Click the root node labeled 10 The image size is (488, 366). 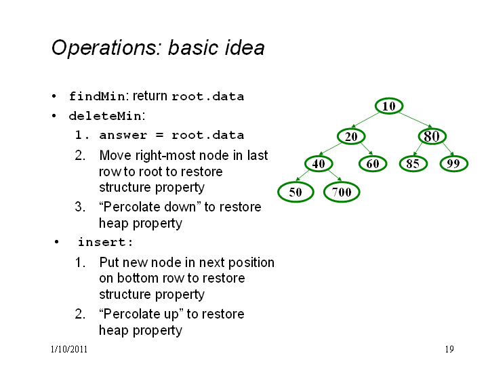(x=389, y=106)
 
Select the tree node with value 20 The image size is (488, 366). (x=351, y=136)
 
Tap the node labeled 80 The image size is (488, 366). (x=432, y=136)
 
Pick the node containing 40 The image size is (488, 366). (x=319, y=164)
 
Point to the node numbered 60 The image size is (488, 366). (x=373, y=164)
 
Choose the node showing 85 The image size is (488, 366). (x=413, y=164)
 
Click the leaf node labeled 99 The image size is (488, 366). (x=453, y=164)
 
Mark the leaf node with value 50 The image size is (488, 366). (x=296, y=192)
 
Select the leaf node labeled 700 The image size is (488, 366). (x=342, y=192)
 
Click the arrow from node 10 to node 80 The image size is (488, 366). (x=415, y=120)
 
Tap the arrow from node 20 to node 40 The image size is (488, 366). (x=330, y=148)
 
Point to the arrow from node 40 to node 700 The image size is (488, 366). (x=335, y=176)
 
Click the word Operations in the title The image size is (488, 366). (x=105, y=48)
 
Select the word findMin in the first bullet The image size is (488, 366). (x=97, y=96)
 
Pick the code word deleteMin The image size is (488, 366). (x=105, y=116)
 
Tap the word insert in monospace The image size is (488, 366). (x=102, y=242)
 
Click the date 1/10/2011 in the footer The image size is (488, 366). (x=68, y=349)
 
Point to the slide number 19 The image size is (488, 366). (x=449, y=349)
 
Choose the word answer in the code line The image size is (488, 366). (x=123, y=136)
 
